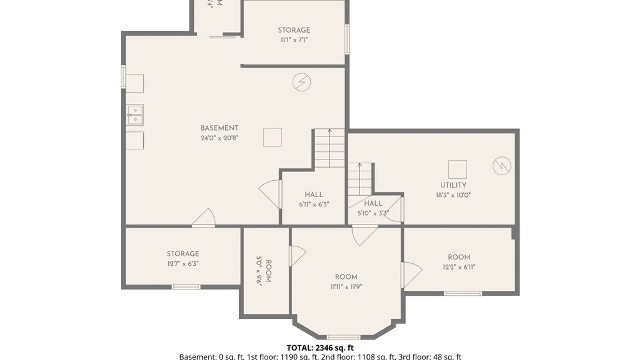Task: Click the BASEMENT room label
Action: click(x=219, y=128)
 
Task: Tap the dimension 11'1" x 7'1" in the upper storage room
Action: click(x=294, y=40)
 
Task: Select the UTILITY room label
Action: click(x=453, y=185)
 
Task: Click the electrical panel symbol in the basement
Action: click(x=302, y=82)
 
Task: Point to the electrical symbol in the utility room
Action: click(x=502, y=166)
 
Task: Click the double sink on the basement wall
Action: click(x=135, y=115)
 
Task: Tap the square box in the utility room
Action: click(x=457, y=169)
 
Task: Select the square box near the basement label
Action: click(x=272, y=137)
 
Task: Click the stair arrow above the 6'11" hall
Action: click(x=330, y=147)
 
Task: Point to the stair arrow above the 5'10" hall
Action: click(x=360, y=178)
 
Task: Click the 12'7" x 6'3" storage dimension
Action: click(x=183, y=264)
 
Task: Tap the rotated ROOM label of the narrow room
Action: click(x=268, y=271)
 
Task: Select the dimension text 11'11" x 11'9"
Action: click(x=346, y=287)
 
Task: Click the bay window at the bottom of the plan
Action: click(x=343, y=337)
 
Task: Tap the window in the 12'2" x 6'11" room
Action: click(x=463, y=293)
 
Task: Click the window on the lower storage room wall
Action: click(x=186, y=287)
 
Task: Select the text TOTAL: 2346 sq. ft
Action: click(x=320, y=348)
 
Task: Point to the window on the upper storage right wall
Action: click(x=347, y=39)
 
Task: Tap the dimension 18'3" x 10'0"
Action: click(x=453, y=195)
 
